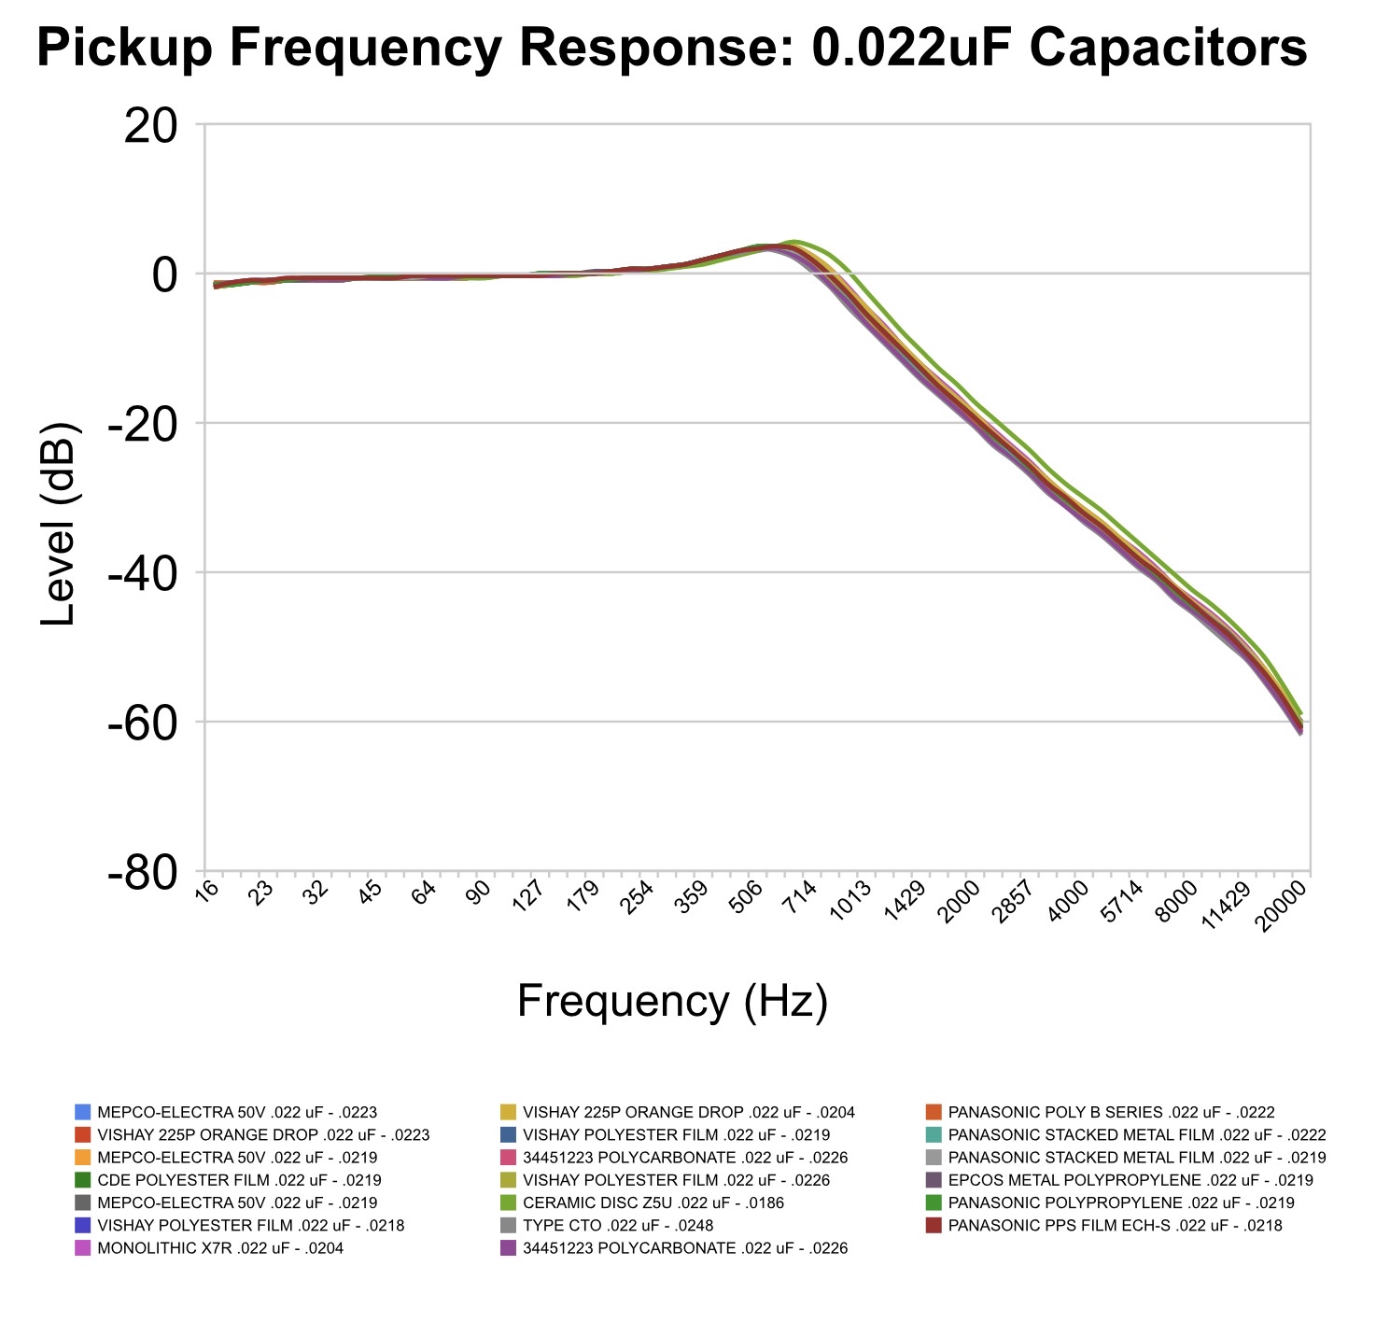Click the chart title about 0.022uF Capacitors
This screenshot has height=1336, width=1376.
click(671, 47)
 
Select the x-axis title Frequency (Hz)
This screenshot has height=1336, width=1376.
click(672, 1002)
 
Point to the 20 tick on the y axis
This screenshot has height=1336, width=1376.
click(151, 125)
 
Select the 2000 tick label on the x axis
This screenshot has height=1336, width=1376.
click(960, 902)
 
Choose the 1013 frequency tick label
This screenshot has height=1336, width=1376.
click(851, 902)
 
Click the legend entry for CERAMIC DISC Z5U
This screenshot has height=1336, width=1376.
click(653, 1202)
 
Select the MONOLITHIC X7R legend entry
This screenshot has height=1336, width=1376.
click(220, 1248)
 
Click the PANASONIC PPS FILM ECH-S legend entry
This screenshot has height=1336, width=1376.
click(1115, 1226)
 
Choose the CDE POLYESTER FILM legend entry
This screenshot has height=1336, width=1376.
click(239, 1180)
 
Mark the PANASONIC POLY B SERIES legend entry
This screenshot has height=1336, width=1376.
click(1111, 1112)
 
